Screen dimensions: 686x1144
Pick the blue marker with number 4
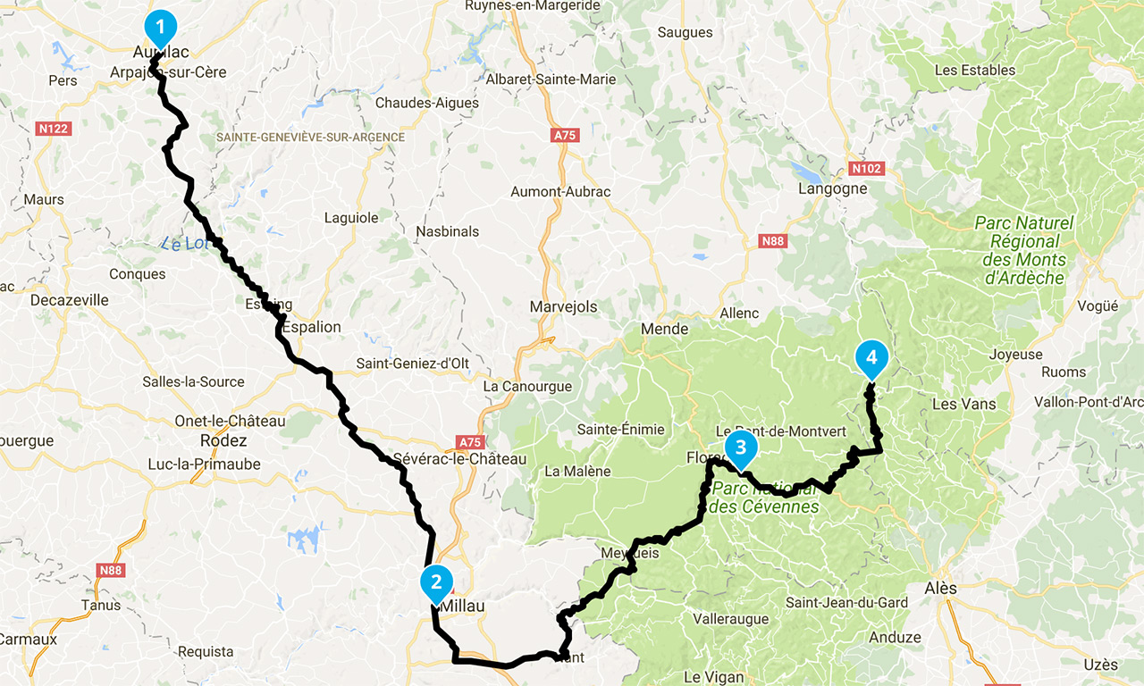[871, 358]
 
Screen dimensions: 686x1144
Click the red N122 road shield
[54, 129]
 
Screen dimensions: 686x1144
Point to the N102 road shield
[865, 168]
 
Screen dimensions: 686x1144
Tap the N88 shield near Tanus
[111, 571]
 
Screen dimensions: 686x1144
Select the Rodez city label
[224, 440]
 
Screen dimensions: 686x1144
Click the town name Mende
[665, 329]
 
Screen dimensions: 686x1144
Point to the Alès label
[940, 588]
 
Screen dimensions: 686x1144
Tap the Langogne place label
[833, 188]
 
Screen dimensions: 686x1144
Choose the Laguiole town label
[351, 217]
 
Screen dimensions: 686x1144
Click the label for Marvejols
[563, 306]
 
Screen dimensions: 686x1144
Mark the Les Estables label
[974, 70]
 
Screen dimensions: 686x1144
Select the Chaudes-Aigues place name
[426, 103]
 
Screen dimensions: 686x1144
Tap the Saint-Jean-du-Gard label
[846, 602]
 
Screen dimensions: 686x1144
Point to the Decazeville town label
[70, 300]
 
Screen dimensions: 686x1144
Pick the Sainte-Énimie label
[621, 429]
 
